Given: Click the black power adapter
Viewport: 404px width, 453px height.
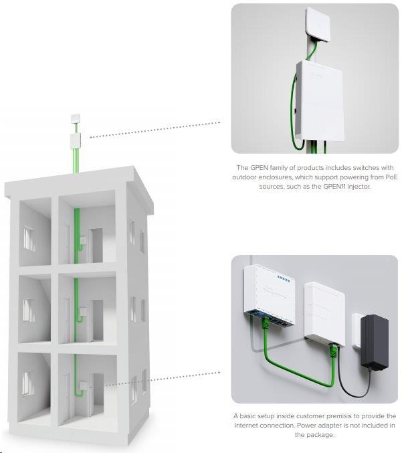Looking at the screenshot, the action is (x=375, y=343).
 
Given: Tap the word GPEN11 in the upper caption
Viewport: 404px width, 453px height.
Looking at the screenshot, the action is (x=334, y=186).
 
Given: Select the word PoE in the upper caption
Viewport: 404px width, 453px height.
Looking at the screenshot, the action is (x=391, y=177).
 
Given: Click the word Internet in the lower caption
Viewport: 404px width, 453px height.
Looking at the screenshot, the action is (x=246, y=426).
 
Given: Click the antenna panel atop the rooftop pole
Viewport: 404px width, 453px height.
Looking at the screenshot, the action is (x=76, y=119).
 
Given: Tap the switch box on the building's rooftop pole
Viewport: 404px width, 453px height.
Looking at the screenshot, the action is (x=76, y=141).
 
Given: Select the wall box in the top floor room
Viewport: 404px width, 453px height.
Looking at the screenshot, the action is (x=84, y=240).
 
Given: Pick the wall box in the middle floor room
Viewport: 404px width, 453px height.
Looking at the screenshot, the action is (x=84, y=312).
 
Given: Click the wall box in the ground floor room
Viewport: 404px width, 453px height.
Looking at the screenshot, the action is (x=84, y=385).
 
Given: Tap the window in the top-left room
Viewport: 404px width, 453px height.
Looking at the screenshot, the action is (x=29, y=239).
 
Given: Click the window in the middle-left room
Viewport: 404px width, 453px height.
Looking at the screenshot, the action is (x=29, y=310).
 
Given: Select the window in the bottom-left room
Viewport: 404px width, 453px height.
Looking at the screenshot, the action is (x=28, y=383).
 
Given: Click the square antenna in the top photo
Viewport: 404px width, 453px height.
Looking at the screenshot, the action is (x=318, y=25).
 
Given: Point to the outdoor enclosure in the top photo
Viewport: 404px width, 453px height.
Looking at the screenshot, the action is (x=320, y=101).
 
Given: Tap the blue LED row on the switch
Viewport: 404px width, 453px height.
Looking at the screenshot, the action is (x=284, y=278).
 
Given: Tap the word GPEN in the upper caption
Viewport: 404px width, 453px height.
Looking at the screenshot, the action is (x=260, y=167).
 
